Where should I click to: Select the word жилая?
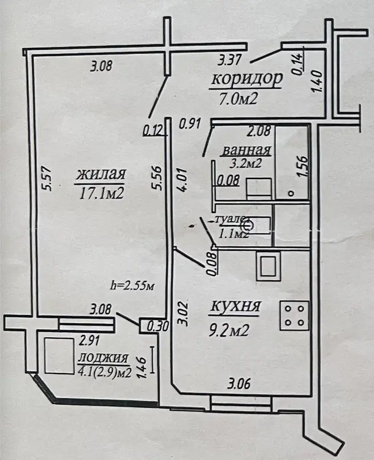(101, 175)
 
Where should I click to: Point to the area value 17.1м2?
(102, 194)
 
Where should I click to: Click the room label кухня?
(235, 306)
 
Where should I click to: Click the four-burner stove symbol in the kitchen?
(293, 315)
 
